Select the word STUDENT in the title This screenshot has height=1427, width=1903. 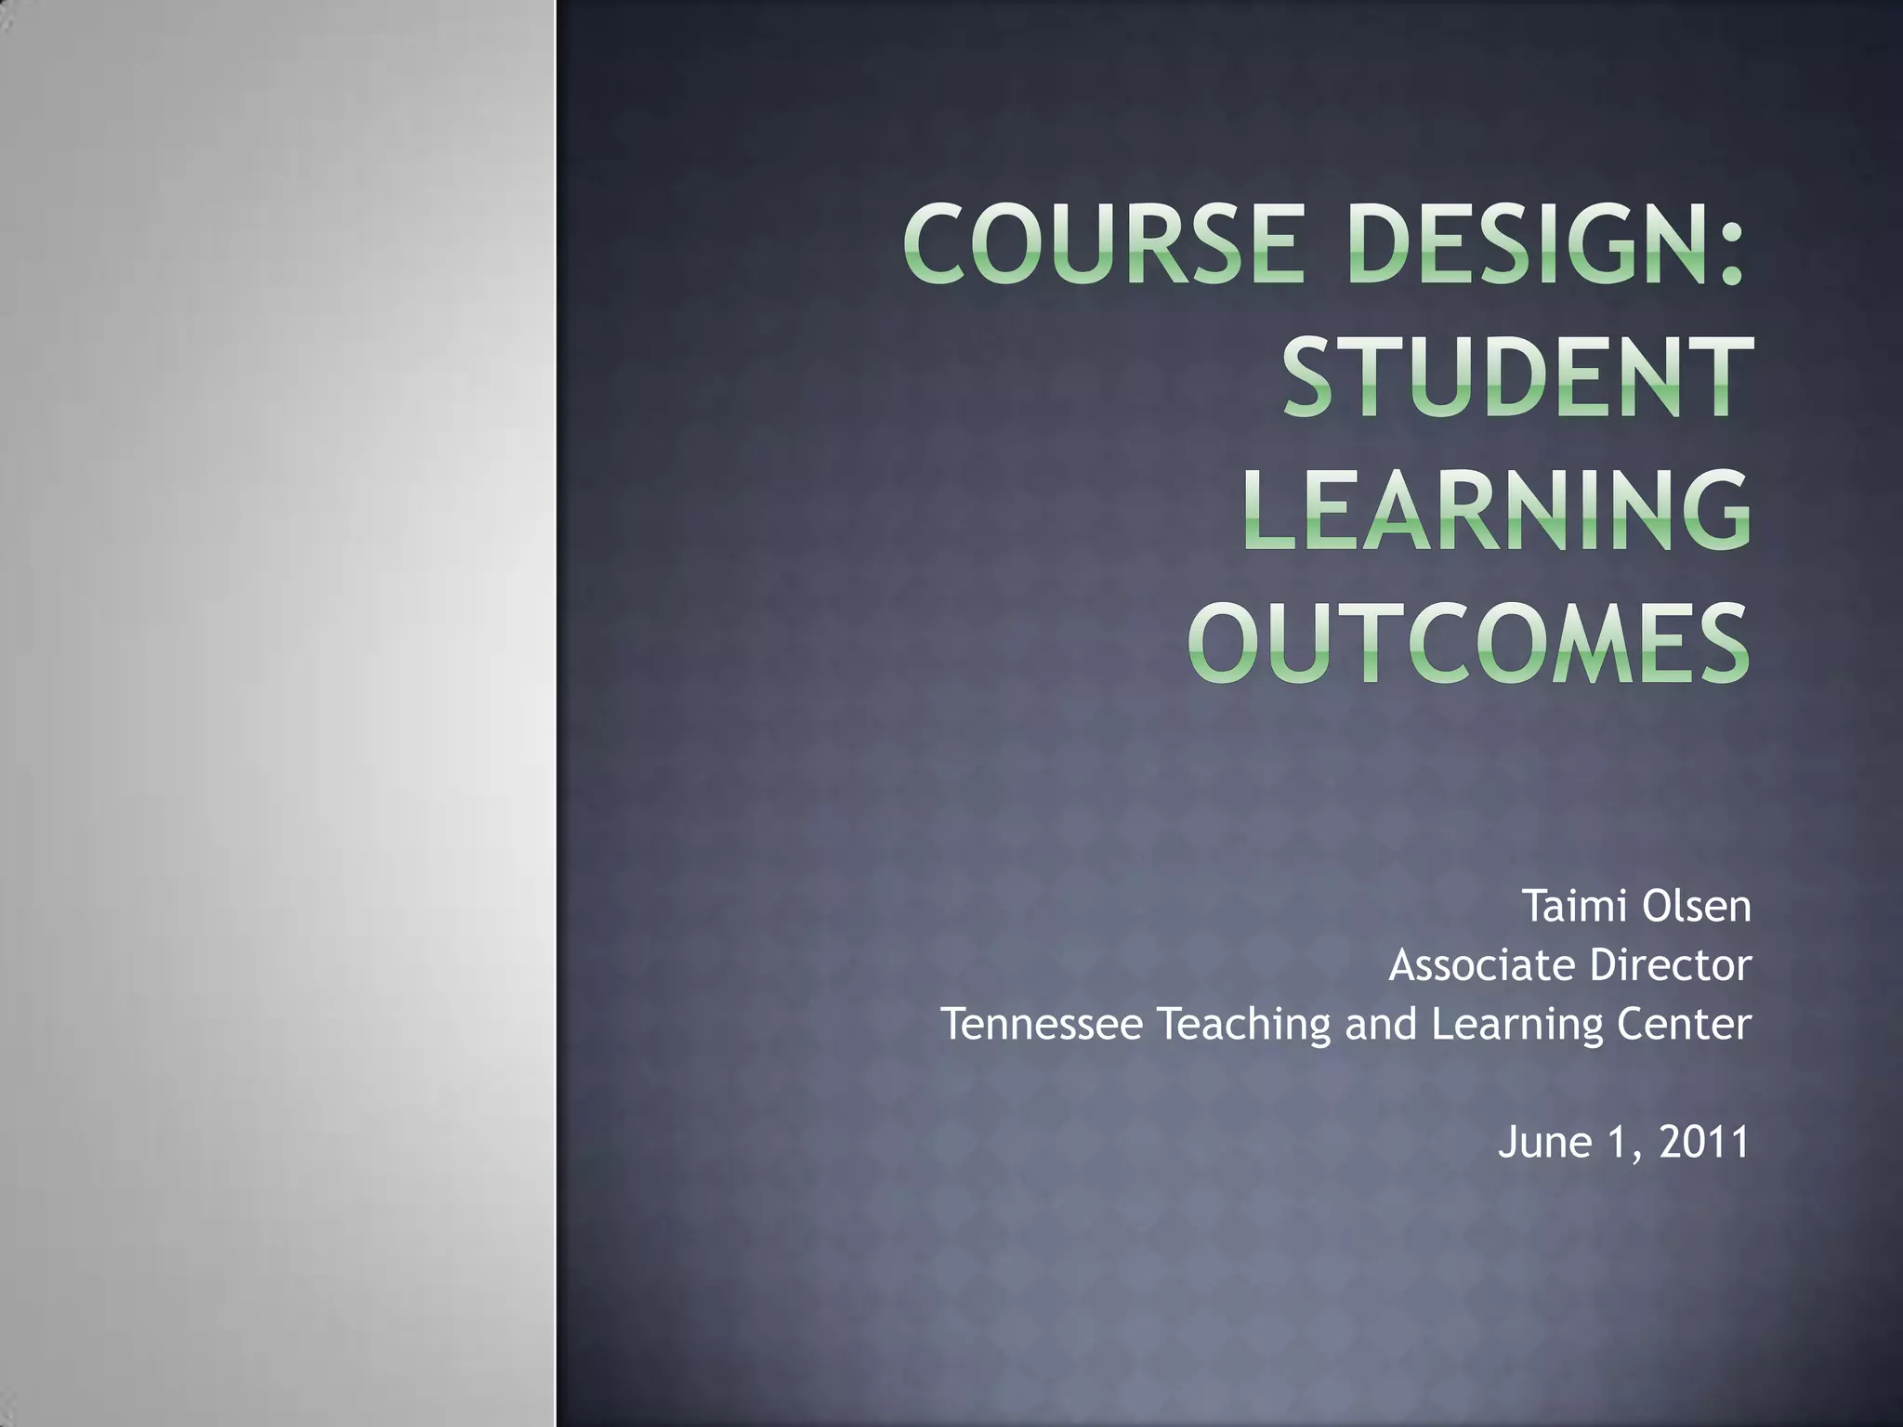1518,377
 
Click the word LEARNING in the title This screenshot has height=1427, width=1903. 1496,510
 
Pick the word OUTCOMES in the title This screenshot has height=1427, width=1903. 1468,643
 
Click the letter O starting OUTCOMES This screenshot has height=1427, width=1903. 1226,643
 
